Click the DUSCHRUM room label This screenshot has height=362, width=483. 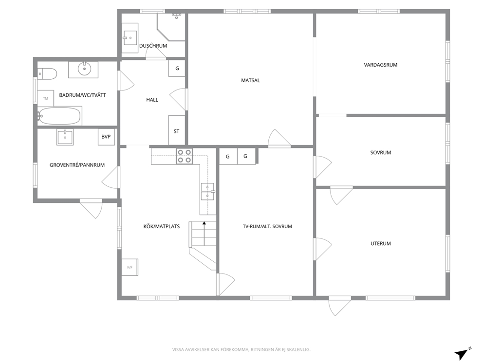[x=153, y=46]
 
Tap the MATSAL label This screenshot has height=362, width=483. [x=250, y=81]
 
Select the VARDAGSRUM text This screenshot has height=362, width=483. [x=380, y=65]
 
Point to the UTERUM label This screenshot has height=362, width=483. [x=381, y=243]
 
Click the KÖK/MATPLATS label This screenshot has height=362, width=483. [x=162, y=226]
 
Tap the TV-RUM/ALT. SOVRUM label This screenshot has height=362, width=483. [x=267, y=226]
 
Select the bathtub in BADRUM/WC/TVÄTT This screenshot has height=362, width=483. [x=59, y=116]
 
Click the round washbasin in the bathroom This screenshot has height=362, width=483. [x=83, y=69]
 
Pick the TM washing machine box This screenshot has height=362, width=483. [x=46, y=98]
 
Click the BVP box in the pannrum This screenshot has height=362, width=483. [x=106, y=137]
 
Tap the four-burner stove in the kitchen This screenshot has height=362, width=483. [x=184, y=156]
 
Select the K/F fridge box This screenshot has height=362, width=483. [x=130, y=267]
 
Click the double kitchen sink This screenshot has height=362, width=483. [x=207, y=192]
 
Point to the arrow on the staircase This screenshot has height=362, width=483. [x=204, y=234]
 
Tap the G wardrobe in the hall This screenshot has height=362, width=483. [x=177, y=68]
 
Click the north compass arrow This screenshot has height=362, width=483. [x=463, y=354]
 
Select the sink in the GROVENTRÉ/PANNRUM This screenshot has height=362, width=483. [x=65, y=137]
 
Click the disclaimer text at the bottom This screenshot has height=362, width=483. [x=241, y=350]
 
